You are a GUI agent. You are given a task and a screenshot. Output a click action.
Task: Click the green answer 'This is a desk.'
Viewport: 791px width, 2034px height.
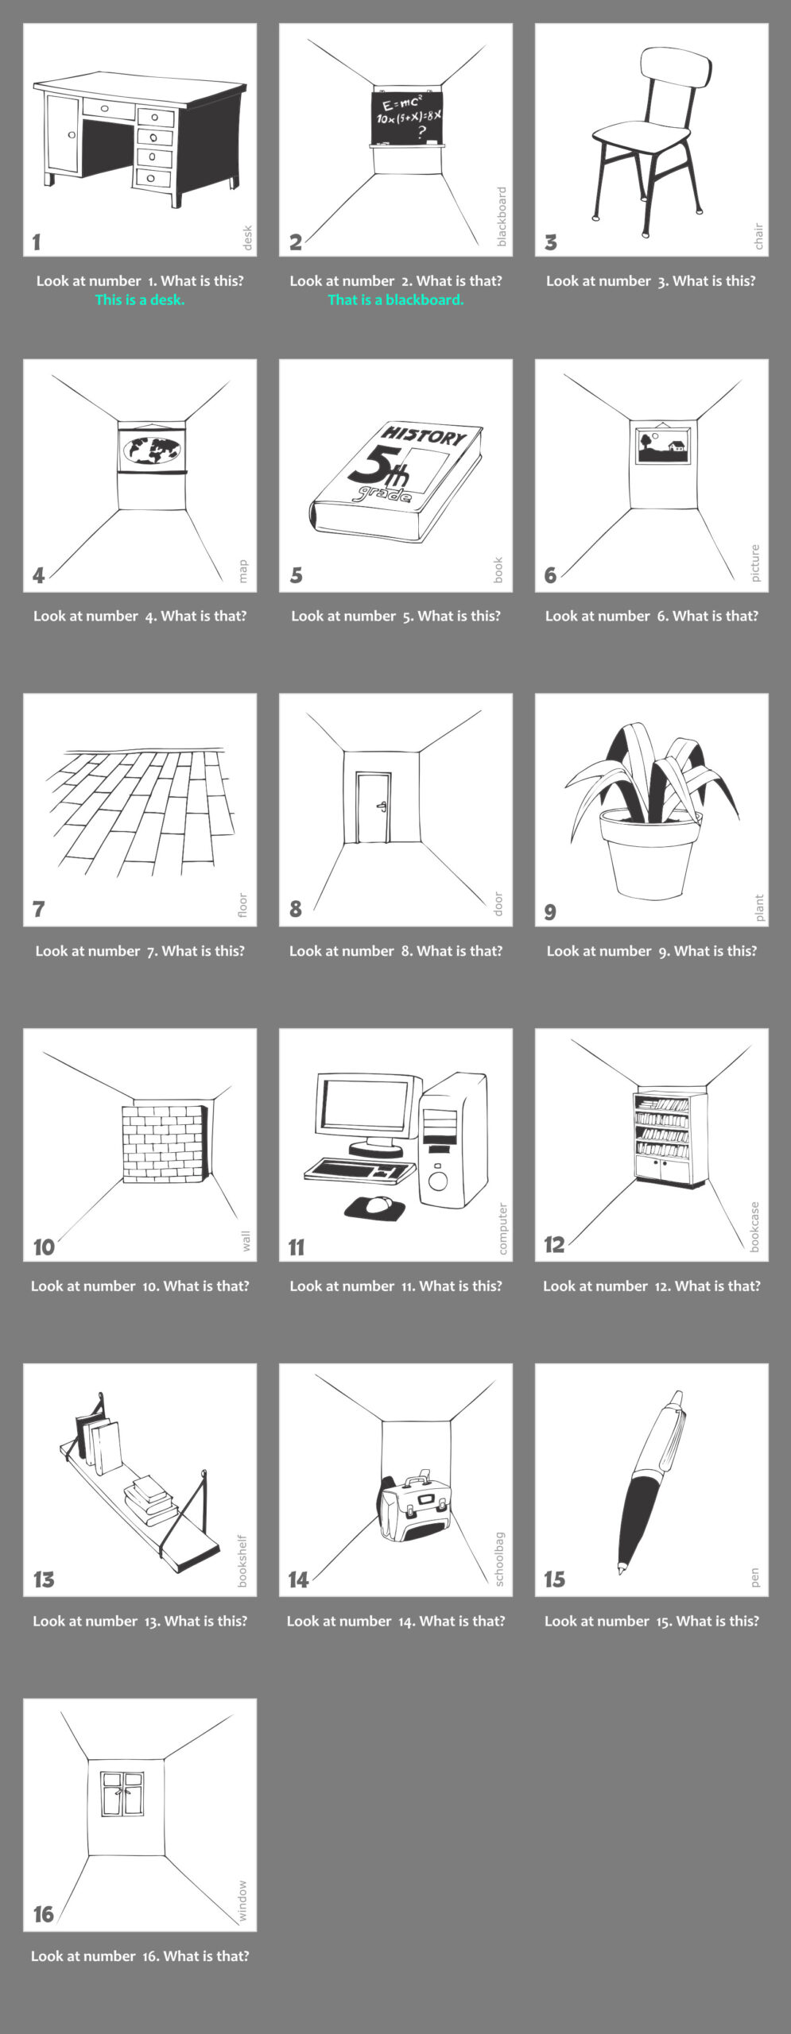tap(140, 300)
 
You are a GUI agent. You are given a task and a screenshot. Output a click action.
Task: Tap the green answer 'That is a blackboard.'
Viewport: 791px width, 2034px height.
tap(396, 300)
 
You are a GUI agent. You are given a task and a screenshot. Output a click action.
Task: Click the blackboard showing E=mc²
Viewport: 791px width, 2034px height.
tap(405, 117)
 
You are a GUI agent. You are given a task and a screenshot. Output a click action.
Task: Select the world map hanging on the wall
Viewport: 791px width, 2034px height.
tap(152, 450)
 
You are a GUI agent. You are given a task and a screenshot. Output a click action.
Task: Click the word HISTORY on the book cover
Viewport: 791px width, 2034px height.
tap(424, 435)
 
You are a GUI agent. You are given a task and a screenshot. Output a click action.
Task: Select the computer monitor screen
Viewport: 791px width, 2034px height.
tap(368, 1104)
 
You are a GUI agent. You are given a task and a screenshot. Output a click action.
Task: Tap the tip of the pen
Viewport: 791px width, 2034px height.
tap(621, 1569)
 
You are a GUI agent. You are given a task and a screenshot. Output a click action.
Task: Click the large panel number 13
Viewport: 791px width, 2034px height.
tap(44, 1580)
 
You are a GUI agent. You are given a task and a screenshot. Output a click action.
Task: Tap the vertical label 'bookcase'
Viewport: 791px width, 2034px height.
tap(754, 1227)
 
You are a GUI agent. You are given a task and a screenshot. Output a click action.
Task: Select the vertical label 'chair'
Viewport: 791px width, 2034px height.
tap(758, 237)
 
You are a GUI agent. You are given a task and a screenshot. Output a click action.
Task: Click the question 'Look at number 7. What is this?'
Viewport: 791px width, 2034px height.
tap(140, 951)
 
